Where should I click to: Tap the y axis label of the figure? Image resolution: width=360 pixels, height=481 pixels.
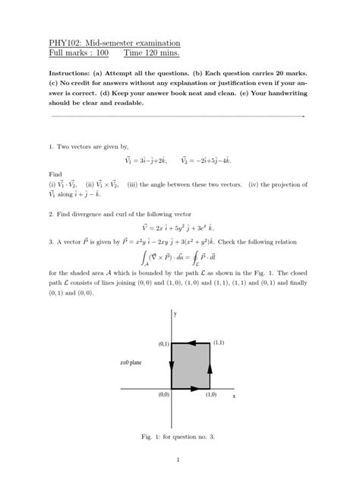175,314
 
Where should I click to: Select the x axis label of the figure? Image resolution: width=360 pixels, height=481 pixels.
234,397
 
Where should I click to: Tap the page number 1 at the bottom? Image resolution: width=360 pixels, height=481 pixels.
176,459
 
